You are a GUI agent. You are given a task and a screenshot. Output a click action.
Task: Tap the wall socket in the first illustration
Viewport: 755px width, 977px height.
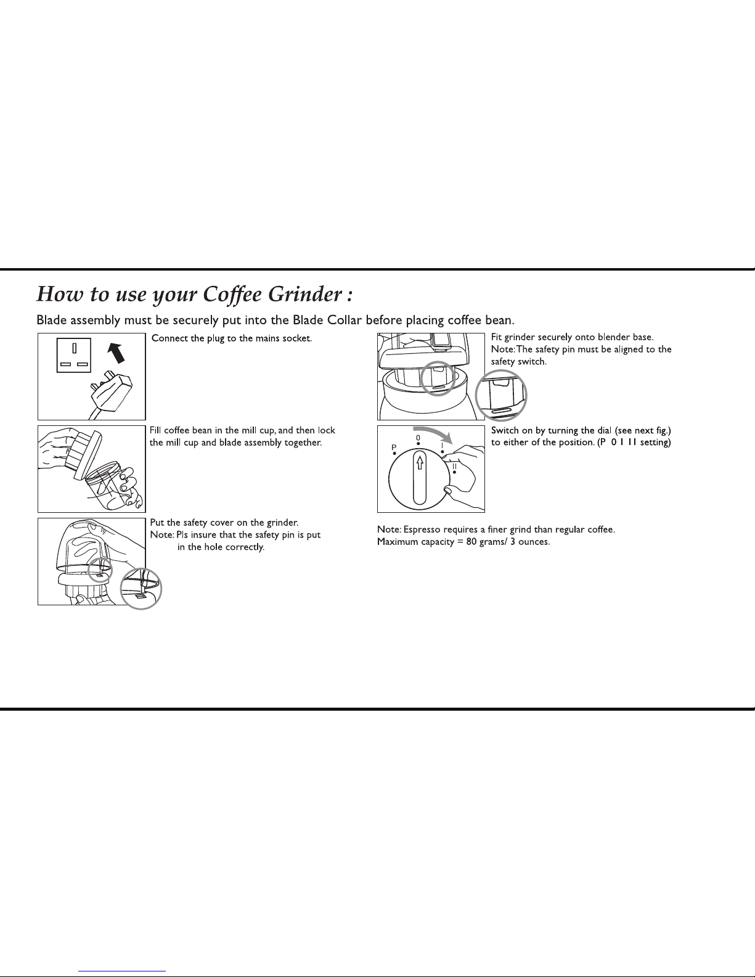pyautogui.click(x=74, y=355)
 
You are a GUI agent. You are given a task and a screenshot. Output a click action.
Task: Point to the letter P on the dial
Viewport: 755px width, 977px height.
pyautogui.click(x=394, y=448)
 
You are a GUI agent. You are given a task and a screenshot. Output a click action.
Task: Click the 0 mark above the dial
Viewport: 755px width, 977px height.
pyautogui.click(x=418, y=438)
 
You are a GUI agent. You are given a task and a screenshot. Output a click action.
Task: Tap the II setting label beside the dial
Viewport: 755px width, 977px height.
pyautogui.click(x=454, y=467)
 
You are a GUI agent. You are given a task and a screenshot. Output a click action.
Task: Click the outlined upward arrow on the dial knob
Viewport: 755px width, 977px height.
pyautogui.click(x=420, y=462)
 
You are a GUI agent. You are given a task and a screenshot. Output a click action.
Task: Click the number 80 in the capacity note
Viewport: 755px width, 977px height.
pyautogui.click(x=471, y=542)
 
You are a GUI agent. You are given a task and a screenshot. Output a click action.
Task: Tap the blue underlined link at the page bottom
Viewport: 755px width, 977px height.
pyautogui.click(x=122, y=971)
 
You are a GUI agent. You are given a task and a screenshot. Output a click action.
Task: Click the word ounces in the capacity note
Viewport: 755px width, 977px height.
pyautogui.click(x=534, y=542)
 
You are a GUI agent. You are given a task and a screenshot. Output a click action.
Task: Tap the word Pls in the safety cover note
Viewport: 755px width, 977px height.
pyautogui.click(x=182, y=535)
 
